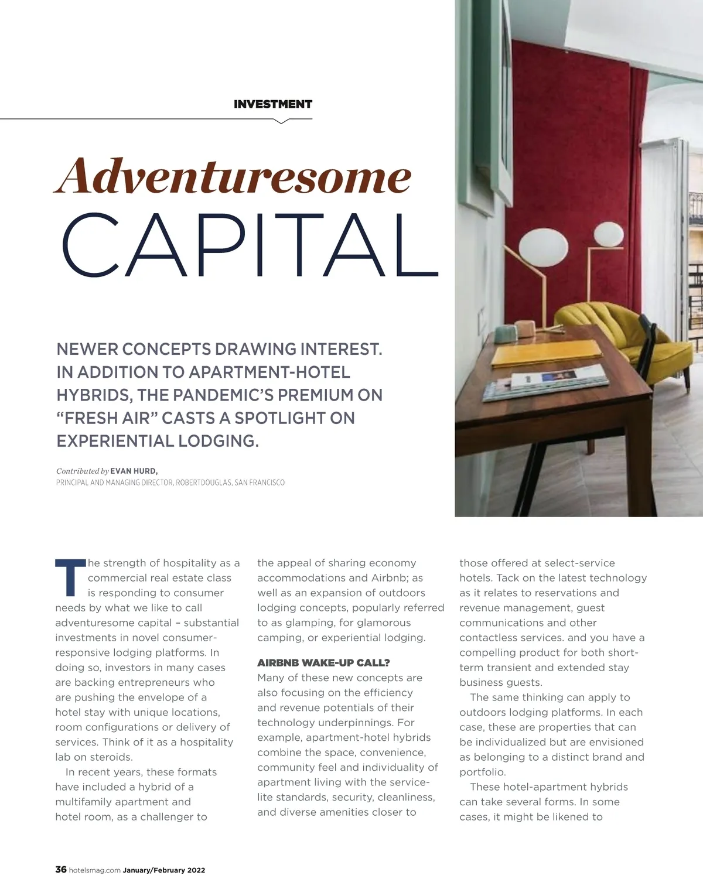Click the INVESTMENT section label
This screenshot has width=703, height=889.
click(x=272, y=104)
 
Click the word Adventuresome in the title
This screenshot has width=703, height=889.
click(x=233, y=176)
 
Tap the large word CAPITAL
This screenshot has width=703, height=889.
click(x=250, y=245)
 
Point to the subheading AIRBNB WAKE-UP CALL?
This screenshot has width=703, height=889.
click(x=323, y=663)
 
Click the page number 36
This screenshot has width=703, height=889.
click(x=61, y=870)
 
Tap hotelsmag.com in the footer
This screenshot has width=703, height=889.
click(x=95, y=870)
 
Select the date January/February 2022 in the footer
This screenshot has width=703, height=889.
click(x=164, y=870)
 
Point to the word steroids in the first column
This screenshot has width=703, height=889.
click(x=111, y=757)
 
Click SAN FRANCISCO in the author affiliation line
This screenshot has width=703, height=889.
click(x=260, y=483)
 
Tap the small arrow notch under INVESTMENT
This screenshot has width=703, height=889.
click(x=281, y=121)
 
